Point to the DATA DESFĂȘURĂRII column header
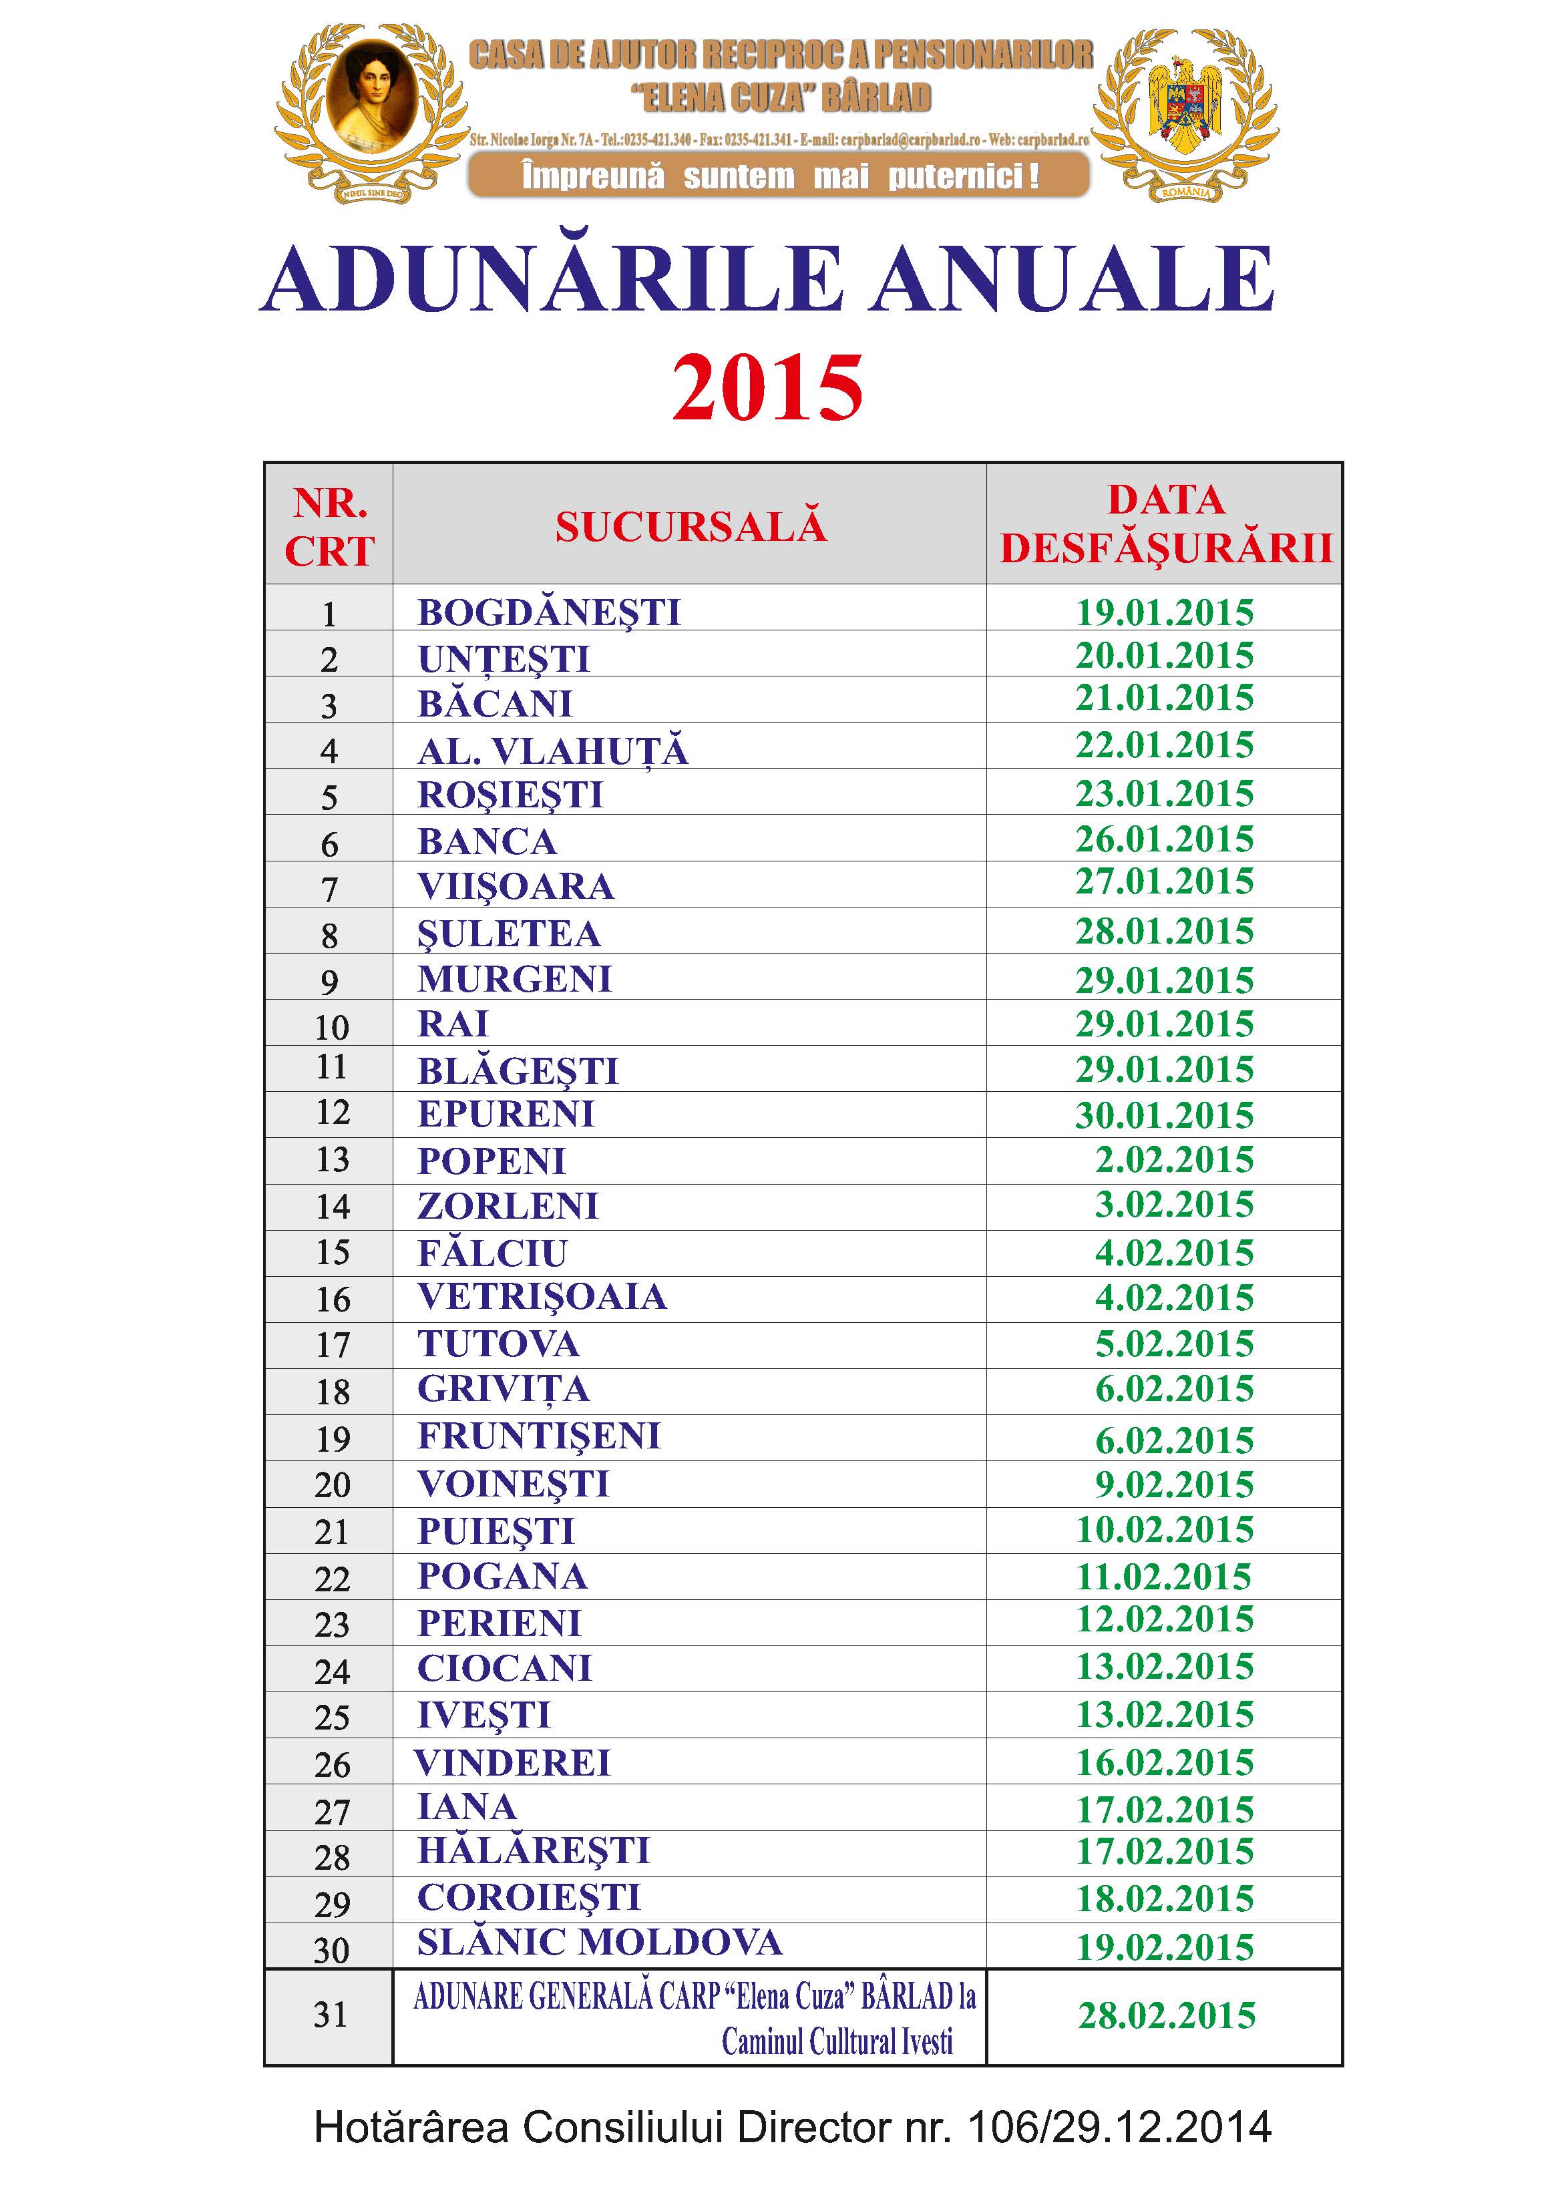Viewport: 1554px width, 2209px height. click(1165, 524)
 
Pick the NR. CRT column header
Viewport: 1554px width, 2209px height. click(329, 526)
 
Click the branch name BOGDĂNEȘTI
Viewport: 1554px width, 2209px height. click(548, 612)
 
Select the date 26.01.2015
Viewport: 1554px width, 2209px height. click(1164, 839)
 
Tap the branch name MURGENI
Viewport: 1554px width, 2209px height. click(515, 978)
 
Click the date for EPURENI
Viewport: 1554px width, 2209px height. click(1164, 1115)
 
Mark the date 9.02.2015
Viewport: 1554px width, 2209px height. click(1174, 1484)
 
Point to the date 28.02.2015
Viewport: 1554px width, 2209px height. click(1166, 2015)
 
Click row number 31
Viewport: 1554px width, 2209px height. click(330, 2015)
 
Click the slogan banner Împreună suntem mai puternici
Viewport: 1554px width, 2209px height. click(779, 176)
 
